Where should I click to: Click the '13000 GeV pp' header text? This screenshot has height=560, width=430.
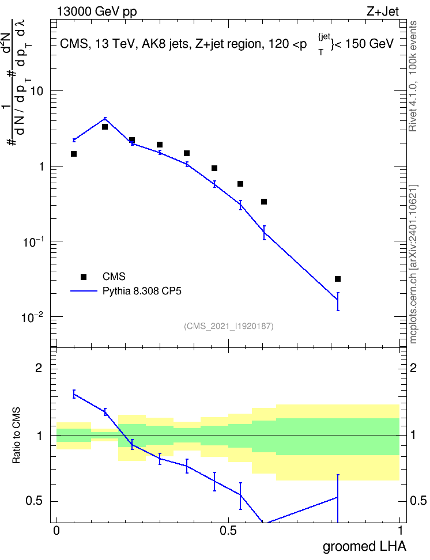coord(97,12)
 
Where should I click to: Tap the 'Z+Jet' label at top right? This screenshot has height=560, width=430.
coord(383,12)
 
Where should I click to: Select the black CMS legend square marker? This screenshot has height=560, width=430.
coord(83,277)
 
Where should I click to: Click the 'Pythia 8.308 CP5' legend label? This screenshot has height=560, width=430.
coord(142,291)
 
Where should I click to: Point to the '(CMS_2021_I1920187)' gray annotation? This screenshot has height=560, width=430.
coord(229,326)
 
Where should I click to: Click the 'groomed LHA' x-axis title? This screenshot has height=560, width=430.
coord(365,546)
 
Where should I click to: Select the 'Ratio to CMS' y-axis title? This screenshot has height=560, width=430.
coord(16,436)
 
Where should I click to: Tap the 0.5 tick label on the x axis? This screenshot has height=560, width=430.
coord(228,531)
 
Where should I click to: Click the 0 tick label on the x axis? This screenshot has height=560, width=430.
coord(56,531)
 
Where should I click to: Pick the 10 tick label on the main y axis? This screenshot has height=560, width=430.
coord(36,90)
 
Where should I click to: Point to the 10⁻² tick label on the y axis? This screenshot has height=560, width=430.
coord(33,316)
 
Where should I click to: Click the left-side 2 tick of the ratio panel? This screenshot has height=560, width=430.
coord(39,368)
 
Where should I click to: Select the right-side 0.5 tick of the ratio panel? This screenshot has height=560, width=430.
coord(418,501)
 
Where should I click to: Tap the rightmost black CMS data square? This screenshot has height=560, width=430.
coord(337,279)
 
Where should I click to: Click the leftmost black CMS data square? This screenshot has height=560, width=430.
coord(74,154)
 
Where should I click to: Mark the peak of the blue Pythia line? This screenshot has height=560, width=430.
coord(105,119)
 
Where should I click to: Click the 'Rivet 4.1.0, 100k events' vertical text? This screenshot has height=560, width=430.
coord(413,76)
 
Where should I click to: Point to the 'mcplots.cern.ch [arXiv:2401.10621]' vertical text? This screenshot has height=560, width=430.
coord(413,264)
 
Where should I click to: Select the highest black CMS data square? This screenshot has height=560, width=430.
coord(105,127)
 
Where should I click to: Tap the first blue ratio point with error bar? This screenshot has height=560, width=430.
coord(74,394)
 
